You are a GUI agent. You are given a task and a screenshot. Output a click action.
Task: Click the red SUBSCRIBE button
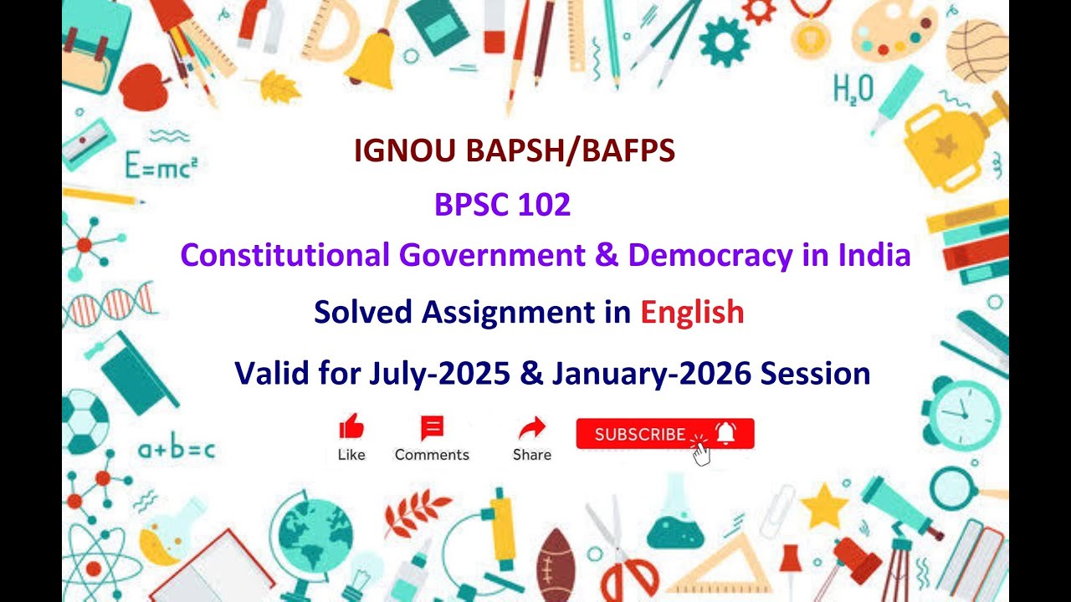(x=664, y=434)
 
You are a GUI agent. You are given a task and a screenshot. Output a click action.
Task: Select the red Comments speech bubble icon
(x=432, y=428)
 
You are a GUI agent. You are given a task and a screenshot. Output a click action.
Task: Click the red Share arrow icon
(x=531, y=429)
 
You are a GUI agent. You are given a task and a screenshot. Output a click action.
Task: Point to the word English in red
(x=692, y=312)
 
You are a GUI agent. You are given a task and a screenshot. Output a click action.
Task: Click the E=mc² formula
(x=161, y=166)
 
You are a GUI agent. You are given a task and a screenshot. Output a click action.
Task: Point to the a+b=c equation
(x=177, y=451)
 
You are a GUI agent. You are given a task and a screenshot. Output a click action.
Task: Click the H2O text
(x=853, y=88)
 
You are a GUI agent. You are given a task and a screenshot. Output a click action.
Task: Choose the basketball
(x=978, y=50)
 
